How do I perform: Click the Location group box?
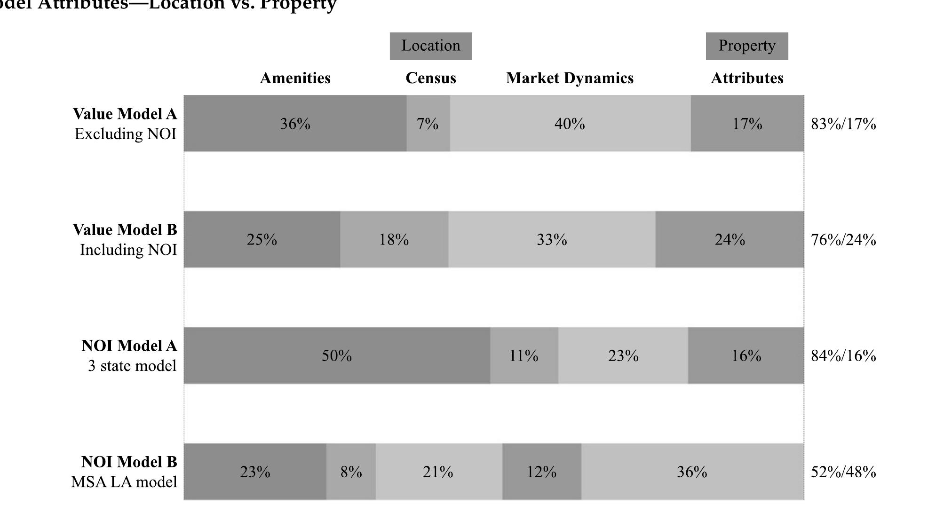(430, 46)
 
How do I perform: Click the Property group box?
(746, 46)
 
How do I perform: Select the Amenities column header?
(295, 78)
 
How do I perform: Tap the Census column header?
(430, 78)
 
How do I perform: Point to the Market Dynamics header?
(570, 78)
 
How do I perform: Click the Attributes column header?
(747, 78)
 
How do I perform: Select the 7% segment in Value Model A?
(428, 124)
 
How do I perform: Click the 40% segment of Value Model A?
(570, 124)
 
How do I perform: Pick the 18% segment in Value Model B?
(394, 240)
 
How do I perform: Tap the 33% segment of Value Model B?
(552, 240)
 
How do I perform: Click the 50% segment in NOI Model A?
(337, 356)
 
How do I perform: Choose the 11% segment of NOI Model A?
(523, 356)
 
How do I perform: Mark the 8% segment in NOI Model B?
(351, 472)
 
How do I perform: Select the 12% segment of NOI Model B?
(541, 472)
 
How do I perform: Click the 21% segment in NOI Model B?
(438, 472)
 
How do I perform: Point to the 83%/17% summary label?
(843, 124)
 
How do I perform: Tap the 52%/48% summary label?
(843, 472)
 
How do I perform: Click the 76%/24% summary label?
(843, 240)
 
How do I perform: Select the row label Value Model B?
(125, 230)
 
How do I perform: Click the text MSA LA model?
(124, 482)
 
